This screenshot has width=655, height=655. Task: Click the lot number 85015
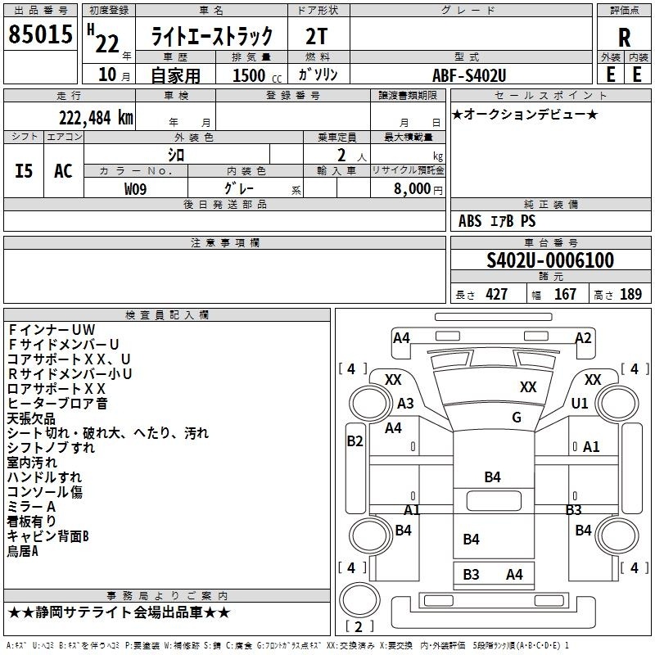(x=40, y=34)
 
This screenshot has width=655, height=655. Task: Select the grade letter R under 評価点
(x=624, y=38)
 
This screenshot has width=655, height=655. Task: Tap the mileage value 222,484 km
(x=96, y=118)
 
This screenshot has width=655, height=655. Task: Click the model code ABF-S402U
(x=469, y=75)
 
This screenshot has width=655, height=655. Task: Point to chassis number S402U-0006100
(x=550, y=260)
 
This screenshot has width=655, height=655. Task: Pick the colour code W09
(x=135, y=189)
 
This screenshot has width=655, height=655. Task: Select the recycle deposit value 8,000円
(x=418, y=189)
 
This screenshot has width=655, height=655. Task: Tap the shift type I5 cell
(x=24, y=171)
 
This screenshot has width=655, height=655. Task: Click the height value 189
(x=630, y=295)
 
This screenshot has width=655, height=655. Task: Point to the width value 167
(x=565, y=295)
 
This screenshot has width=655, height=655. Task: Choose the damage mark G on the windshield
(x=517, y=417)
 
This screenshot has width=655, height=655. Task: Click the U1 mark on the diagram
(x=580, y=403)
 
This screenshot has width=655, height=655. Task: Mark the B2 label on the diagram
(x=355, y=440)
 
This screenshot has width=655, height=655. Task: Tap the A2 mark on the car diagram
(x=583, y=337)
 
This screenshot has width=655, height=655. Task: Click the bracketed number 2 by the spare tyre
(x=359, y=626)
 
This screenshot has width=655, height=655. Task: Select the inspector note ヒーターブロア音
(x=57, y=403)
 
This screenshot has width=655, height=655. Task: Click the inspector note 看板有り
(x=31, y=521)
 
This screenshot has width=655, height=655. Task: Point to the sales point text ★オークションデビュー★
(x=525, y=114)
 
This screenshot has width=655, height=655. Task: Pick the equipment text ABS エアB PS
(x=497, y=220)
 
